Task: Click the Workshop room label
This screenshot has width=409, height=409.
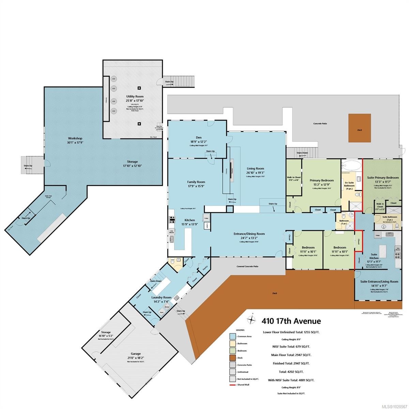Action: coord(75,138)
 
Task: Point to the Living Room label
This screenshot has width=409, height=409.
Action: coord(255,168)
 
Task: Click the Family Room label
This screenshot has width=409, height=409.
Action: coord(196,182)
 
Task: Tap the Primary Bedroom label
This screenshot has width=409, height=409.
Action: coord(321,180)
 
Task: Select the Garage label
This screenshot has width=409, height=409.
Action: coord(134,354)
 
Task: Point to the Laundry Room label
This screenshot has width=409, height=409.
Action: coord(162,297)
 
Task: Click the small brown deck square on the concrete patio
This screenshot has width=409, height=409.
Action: coord(360,128)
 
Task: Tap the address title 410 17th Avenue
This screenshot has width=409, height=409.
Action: coord(291,321)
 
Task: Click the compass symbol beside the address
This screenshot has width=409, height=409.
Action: coord(252,320)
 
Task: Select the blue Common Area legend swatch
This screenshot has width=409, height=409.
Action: coord(233,336)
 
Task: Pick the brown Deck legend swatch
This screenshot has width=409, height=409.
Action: coord(233,358)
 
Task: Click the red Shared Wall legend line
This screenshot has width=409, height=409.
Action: coord(233,385)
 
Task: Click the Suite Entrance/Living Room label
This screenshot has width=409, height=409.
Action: coord(379,282)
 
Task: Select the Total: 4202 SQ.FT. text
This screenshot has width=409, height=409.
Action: coord(291,372)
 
